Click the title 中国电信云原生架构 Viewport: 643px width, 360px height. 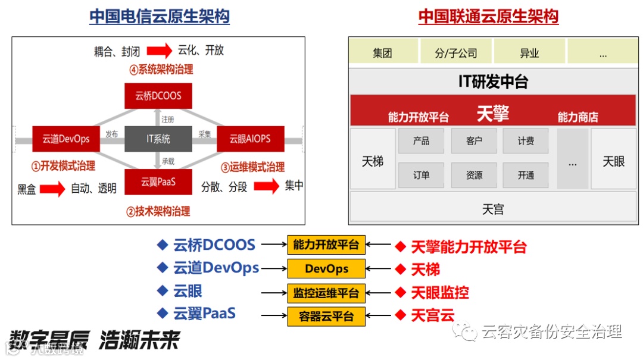pos(160,16)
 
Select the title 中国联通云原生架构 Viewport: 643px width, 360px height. pos(488,16)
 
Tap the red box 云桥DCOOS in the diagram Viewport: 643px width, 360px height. pos(158,95)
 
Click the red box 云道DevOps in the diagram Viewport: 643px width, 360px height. pos(66,139)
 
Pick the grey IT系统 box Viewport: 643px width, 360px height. pos(158,139)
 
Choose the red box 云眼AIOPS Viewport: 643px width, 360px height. pos(250,139)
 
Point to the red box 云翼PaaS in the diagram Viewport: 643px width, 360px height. pos(158,182)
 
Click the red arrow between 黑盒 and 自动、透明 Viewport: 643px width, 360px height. pos(53,189)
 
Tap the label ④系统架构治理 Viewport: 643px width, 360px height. pos(161,70)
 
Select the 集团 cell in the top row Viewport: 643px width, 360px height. pos(383,53)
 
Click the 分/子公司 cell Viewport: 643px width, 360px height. pos(456,53)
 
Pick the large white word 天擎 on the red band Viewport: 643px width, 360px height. pos(493,113)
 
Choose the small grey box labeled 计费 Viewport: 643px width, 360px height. pos(526,141)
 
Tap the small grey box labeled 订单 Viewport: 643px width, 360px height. pos(422,176)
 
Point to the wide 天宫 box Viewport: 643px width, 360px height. pos(493,209)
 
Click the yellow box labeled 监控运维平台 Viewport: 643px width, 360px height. pos(326,293)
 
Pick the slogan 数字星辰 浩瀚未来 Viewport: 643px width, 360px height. pos(95,340)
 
